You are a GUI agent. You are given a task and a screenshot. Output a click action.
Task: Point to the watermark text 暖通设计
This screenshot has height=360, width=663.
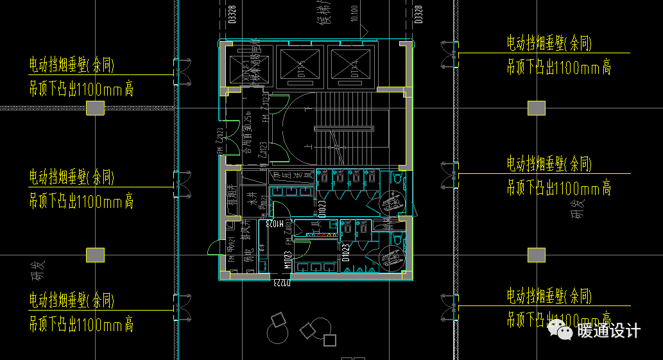(608, 331)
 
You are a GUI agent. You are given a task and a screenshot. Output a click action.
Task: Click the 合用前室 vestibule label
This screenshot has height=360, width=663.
(247, 135)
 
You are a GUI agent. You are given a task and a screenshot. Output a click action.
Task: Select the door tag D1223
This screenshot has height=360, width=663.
(280, 281)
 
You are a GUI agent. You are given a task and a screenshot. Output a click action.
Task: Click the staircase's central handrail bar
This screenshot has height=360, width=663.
(343, 128)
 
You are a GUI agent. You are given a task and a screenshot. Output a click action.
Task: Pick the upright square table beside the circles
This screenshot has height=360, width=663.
(331, 340)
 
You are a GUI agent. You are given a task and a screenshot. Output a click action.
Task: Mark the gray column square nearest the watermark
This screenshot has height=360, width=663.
(536, 255)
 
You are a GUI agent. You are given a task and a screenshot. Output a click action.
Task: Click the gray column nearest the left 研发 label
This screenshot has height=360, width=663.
(96, 255)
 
